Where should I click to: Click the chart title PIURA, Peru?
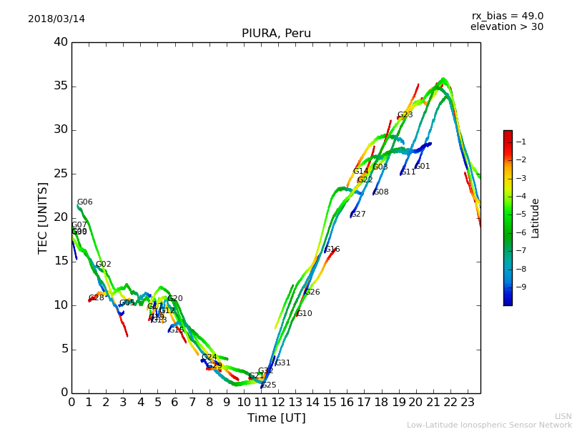276,34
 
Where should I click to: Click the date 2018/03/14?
56,19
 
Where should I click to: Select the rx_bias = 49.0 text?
507,16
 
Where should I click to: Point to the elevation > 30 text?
506,27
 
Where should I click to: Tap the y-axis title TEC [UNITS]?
43,217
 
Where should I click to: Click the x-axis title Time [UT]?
276,418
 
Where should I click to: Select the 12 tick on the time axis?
278,402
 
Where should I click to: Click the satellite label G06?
84,202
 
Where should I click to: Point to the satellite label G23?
405,115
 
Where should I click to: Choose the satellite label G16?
332,250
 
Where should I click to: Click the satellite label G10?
304,314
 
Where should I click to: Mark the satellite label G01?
422,167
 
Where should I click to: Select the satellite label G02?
103,265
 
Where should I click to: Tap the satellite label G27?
357,214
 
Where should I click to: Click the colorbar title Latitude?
535,217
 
